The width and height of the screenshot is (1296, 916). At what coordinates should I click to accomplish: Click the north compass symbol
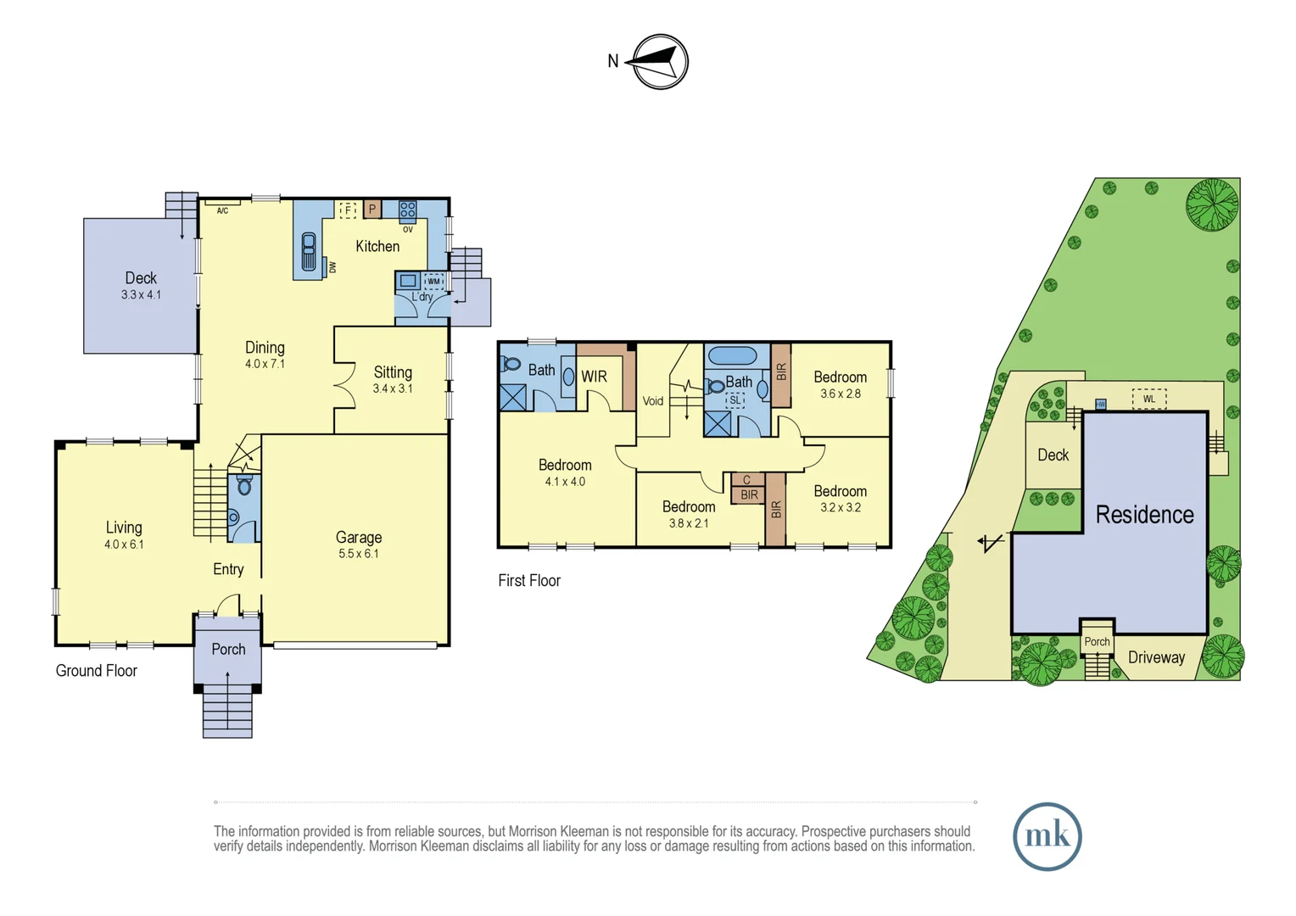660,61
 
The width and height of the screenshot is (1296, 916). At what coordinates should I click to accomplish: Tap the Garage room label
359,538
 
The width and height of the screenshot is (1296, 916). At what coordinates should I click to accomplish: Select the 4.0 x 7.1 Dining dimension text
265,364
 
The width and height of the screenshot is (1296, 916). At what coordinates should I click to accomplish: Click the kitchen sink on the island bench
309,252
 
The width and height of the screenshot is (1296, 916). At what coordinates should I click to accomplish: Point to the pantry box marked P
372,209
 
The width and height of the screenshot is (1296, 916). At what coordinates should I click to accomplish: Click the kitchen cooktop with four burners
408,209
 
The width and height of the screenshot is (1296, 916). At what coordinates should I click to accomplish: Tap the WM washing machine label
434,282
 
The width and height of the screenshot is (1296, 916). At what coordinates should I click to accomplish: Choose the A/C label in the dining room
223,210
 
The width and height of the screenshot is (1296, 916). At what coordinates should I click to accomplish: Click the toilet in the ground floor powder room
244,485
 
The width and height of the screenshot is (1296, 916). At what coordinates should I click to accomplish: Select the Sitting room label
393,372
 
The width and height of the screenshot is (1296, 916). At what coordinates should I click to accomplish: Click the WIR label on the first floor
595,377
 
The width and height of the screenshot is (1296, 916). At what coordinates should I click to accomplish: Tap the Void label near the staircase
653,400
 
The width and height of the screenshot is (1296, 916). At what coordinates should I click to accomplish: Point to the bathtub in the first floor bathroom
733,355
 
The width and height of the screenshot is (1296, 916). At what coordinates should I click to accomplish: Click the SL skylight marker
735,399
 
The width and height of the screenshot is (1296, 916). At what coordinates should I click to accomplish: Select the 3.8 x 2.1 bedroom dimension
689,523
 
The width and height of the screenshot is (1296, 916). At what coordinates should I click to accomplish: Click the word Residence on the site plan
1144,515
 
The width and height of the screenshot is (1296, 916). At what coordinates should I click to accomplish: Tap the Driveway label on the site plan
1157,657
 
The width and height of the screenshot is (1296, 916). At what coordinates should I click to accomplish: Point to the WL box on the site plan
1149,399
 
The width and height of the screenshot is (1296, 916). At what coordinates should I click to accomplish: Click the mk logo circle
1047,836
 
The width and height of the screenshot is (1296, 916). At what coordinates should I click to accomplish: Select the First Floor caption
529,580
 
